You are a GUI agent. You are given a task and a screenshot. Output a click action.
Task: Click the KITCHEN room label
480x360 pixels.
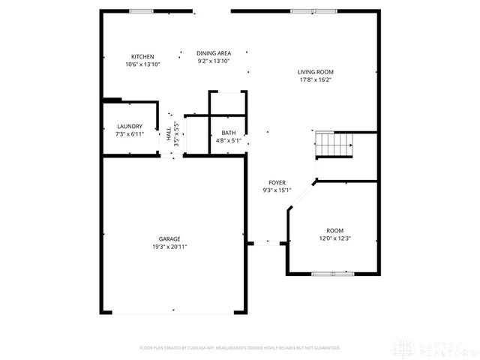click(142, 57)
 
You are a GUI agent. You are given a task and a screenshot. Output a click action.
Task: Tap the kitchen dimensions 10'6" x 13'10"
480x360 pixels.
click(142, 64)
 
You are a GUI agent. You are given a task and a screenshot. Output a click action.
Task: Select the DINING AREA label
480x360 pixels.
click(214, 53)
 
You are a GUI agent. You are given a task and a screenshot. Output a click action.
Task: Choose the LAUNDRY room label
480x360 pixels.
click(130, 126)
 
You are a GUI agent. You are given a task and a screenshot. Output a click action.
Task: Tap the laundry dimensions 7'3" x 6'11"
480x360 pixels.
click(130, 133)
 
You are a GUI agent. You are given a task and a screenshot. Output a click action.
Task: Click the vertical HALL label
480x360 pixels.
click(168, 133)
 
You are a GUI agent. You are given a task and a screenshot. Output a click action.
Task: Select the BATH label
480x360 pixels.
click(228, 133)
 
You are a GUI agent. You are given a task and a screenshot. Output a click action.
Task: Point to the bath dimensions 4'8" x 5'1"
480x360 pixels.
click(228, 140)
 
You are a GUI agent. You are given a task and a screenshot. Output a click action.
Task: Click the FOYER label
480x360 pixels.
click(277, 182)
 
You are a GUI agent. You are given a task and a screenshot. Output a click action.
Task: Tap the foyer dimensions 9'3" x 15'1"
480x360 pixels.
click(277, 190)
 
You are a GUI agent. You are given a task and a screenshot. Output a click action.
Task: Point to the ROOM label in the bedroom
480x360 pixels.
click(334, 231)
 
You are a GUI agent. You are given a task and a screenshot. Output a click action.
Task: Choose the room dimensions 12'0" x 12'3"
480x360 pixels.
click(334, 238)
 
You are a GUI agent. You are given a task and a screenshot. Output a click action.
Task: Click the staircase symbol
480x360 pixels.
click(333, 143)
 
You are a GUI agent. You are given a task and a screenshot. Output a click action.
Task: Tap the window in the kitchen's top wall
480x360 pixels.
click(142, 11)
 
